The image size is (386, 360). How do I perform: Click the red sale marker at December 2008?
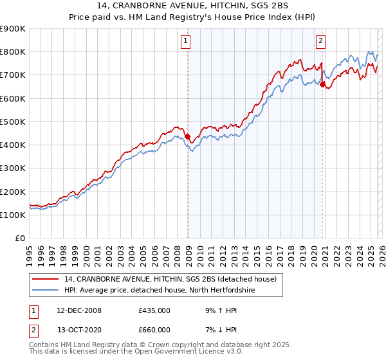tap(188, 137)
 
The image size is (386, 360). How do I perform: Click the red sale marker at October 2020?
tap(322, 84)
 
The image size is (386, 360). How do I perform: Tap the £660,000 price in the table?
tap(154, 329)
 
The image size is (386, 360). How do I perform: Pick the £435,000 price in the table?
tap(154, 310)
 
